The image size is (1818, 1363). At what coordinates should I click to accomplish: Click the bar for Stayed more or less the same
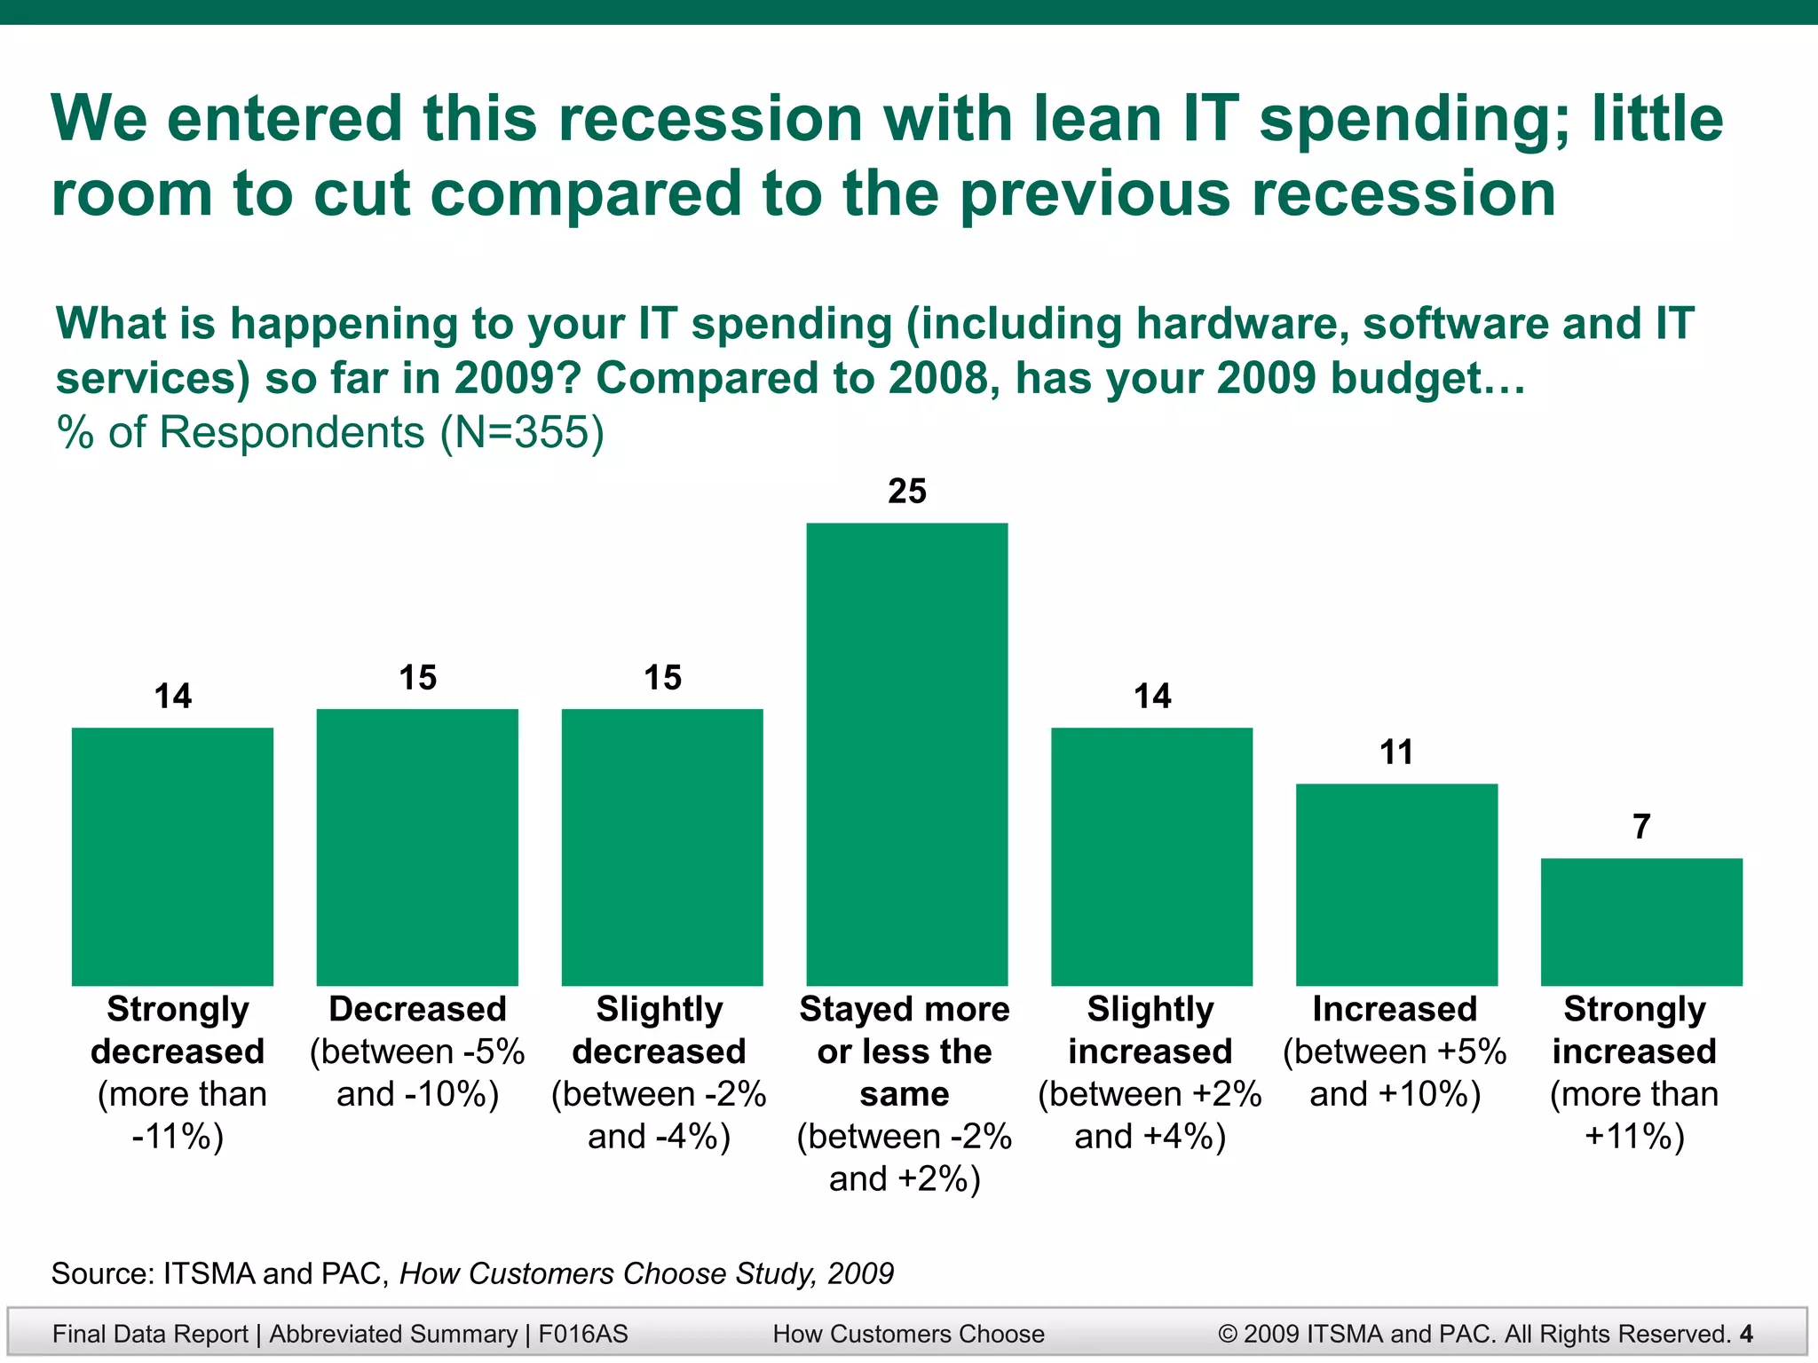906,754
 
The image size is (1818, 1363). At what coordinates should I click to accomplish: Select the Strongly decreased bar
172,856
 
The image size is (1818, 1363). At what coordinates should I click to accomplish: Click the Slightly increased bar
1151,856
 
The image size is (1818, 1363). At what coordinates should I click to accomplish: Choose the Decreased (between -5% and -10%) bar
417,847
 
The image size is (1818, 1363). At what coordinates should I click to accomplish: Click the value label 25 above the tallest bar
906,492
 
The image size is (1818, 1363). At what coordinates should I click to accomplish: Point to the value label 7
1641,827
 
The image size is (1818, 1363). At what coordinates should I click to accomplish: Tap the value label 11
1396,752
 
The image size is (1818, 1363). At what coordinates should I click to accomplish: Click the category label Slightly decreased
659,1030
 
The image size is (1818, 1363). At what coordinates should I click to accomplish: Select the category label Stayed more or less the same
905,1052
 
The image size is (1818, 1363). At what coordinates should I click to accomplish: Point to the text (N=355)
522,433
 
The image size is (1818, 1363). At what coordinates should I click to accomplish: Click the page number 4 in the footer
1746,1334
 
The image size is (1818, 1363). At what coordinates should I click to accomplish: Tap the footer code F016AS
583,1334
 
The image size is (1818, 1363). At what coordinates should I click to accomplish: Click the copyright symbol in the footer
1228,1334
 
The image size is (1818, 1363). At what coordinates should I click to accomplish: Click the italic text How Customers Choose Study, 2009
646,1273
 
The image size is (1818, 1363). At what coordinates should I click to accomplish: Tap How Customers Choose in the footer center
908,1334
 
